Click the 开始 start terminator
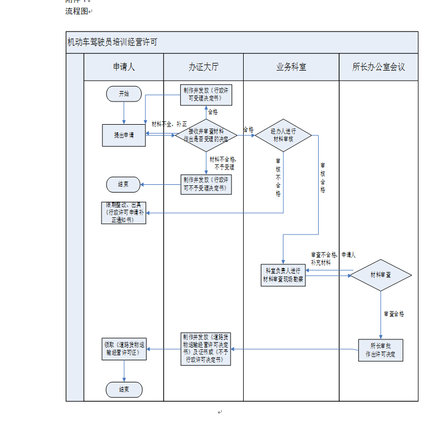(x=124, y=94)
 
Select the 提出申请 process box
(x=124, y=135)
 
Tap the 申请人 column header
(x=123, y=67)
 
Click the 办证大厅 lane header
(x=203, y=67)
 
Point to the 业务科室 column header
(x=291, y=67)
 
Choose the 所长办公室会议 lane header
(x=378, y=67)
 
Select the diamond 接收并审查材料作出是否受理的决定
(x=206, y=135)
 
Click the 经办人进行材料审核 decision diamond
(x=283, y=135)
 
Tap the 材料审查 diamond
(x=380, y=274)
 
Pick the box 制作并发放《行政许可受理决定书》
(x=206, y=94)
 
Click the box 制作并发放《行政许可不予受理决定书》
(x=206, y=184)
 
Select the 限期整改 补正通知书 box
(x=124, y=212)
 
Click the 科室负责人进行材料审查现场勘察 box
(x=283, y=275)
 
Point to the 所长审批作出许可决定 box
(x=380, y=350)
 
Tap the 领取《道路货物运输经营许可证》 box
(x=124, y=349)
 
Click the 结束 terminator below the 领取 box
(x=124, y=390)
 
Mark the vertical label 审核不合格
(x=278, y=178)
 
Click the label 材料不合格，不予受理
(x=222, y=163)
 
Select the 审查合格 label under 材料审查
(x=394, y=313)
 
